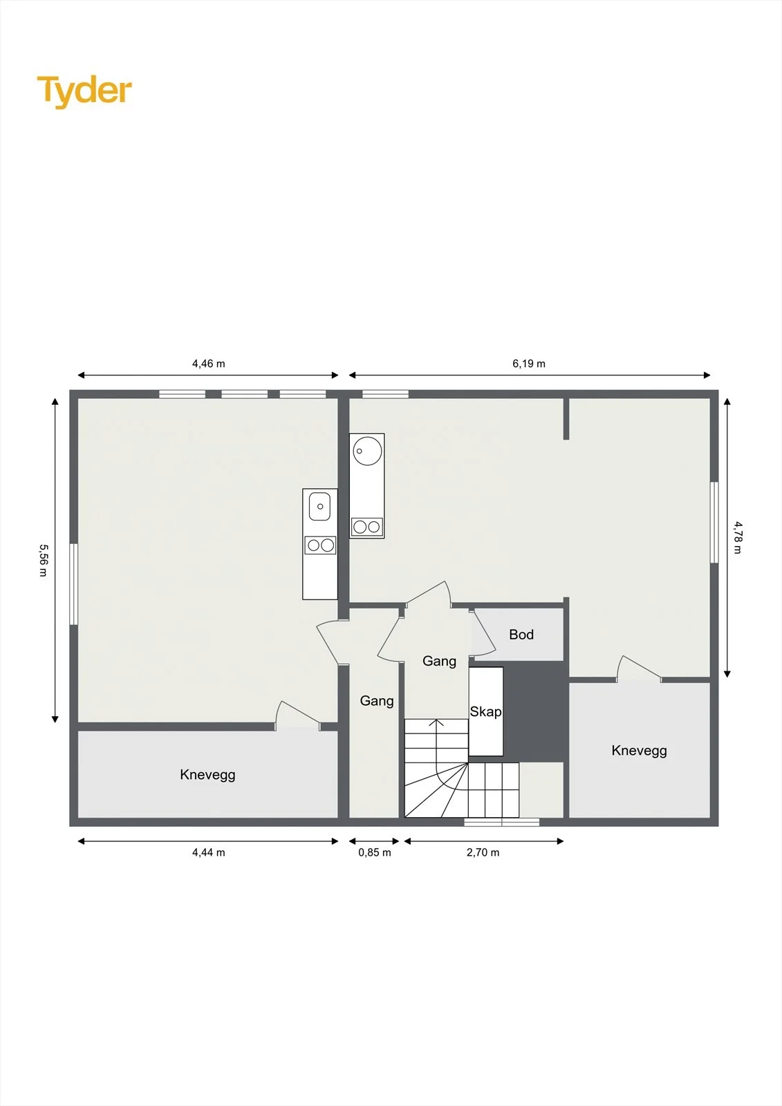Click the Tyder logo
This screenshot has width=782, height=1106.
click(x=84, y=91)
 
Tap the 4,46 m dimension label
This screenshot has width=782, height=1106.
click(x=209, y=364)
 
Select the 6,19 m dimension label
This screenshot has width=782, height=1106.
click(x=529, y=364)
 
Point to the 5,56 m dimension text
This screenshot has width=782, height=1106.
click(x=44, y=560)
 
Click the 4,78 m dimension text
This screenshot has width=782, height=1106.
click(x=738, y=537)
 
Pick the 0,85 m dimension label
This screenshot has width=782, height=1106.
click(x=375, y=853)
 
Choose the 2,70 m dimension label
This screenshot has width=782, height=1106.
click(x=483, y=853)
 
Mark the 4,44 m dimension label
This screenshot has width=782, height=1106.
click(x=209, y=853)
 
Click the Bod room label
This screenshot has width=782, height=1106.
click(x=521, y=635)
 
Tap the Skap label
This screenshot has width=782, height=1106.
click(x=485, y=711)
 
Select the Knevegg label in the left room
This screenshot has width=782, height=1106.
click(x=207, y=775)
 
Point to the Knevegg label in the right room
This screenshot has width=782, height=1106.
click(x=640, y=751)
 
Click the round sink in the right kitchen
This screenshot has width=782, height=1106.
click(x=367, y=450)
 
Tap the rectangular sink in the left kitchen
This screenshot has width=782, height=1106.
click(x=319, y=506)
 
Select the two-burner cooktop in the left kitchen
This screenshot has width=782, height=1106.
click(x=320, y=545)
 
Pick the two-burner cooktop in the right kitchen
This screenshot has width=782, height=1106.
click(x=367, y=527)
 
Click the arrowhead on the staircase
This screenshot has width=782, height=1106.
click(x=436, y=723)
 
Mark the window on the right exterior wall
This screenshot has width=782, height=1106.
click(x=714, y=522)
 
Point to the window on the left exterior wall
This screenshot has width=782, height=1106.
click(x=73, y=584)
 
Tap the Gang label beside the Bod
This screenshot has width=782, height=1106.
click(x=439, y=661)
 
